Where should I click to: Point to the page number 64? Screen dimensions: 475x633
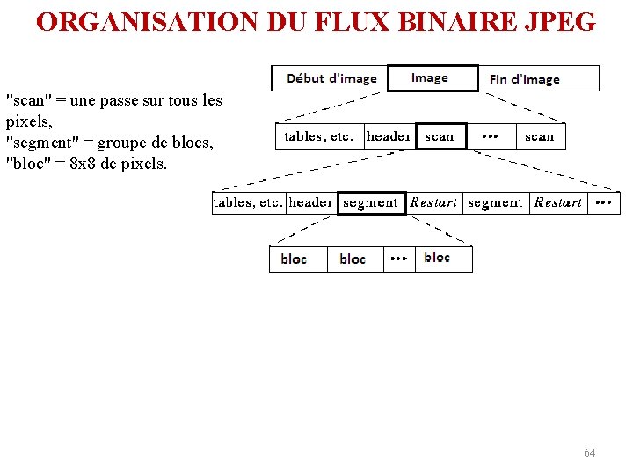pos(589,452)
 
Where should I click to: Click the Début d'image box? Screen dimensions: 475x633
pos(331,78)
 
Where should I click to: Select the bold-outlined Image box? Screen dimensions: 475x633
pos(432,78)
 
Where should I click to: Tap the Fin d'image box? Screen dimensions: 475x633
pos(525,79)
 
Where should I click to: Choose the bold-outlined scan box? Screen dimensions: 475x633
pos(440,136)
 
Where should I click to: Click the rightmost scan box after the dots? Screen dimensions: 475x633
pos(539,136)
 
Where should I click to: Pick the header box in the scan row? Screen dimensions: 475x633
pos(389,136)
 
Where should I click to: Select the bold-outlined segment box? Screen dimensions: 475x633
pos(370,202)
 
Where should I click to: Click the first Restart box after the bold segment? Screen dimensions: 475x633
pos(433,202)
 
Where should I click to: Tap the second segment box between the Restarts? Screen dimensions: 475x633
pos(495,202)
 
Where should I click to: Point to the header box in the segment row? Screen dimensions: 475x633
pos(311,202)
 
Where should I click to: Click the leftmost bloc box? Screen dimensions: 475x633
pos(295,259)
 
